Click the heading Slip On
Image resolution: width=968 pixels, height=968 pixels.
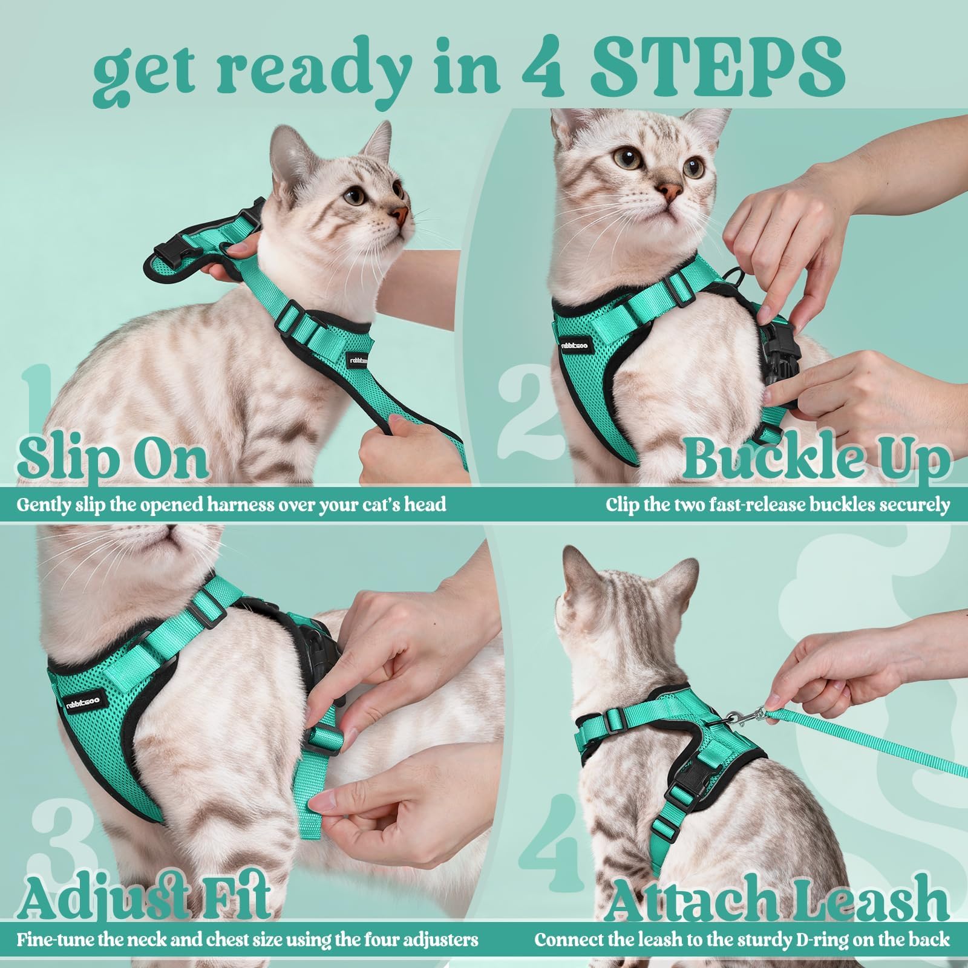tap(113, 459)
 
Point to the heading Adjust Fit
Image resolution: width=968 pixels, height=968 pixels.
tap(143, 897)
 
